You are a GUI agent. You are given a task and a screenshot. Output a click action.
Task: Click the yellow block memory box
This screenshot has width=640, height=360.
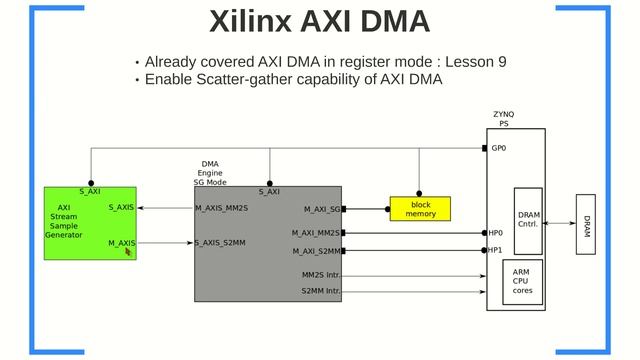click(420, 209)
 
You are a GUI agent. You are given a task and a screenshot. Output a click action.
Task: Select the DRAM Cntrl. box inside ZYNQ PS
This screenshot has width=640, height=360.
click(528, 220)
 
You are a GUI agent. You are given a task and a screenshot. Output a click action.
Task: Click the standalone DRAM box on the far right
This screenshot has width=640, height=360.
click(586, 225)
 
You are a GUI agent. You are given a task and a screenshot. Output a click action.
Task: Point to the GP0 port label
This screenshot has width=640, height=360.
click(498, 148)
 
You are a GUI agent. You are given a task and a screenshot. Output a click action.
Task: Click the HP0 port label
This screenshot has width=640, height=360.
click(495, 233)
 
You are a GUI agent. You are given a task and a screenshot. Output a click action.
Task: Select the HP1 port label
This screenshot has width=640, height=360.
click(495, 250)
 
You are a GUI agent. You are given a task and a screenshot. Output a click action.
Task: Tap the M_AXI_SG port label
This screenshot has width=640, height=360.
click(322, 210)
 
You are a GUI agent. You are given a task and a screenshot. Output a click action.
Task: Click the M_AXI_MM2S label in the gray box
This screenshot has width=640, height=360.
click(316, 233)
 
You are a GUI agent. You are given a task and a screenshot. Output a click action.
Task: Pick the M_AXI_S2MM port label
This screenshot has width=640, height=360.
click(316, 251)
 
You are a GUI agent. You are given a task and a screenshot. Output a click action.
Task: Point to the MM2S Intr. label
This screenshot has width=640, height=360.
click(321, 275)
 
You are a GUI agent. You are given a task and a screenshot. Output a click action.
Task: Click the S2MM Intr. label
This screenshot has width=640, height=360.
click(321, 292)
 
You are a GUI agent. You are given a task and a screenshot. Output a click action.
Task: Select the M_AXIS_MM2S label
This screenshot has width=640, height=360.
click(221, 208)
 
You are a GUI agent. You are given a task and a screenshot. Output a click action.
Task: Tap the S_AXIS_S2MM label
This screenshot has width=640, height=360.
click(220, 243)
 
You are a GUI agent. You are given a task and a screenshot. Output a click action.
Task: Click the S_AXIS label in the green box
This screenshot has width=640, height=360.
click(121, 208)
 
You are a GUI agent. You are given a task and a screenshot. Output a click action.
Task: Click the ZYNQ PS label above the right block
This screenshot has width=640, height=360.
click(504, 119)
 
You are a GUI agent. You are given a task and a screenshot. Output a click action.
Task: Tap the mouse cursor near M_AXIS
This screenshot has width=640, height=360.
click(128, 252)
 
